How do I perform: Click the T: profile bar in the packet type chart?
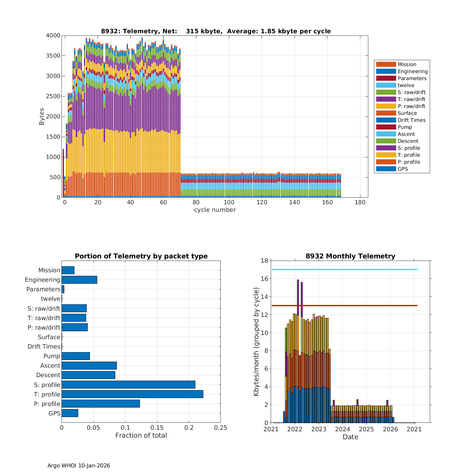coord(132,394)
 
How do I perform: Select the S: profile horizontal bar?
coord(128,385)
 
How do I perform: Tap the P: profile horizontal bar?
coord(101,404)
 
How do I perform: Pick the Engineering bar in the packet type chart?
coord(79,280)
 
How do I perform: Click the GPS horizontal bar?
coord(70,413)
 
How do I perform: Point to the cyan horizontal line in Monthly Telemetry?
coord(344,269)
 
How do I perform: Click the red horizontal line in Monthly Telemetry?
coord(344,306)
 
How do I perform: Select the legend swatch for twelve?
coord(386,85)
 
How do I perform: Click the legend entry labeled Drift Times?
coord(411,120)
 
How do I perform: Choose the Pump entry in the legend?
coord(404,127)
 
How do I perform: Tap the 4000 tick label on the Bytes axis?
coord(53,35)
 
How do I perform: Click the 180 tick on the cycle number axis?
coord(360,203)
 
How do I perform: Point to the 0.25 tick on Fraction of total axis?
coord(221,428)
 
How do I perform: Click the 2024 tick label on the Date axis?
coord(343,429)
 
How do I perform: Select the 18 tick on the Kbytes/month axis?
coord(264,261)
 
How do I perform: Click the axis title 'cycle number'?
coord(215,210)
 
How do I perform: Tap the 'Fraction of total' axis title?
coord(141,435)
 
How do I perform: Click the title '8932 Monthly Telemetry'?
coord(350,256)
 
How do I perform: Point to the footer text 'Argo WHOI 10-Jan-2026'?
coord(79,465)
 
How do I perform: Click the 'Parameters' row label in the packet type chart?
coord(43,289)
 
